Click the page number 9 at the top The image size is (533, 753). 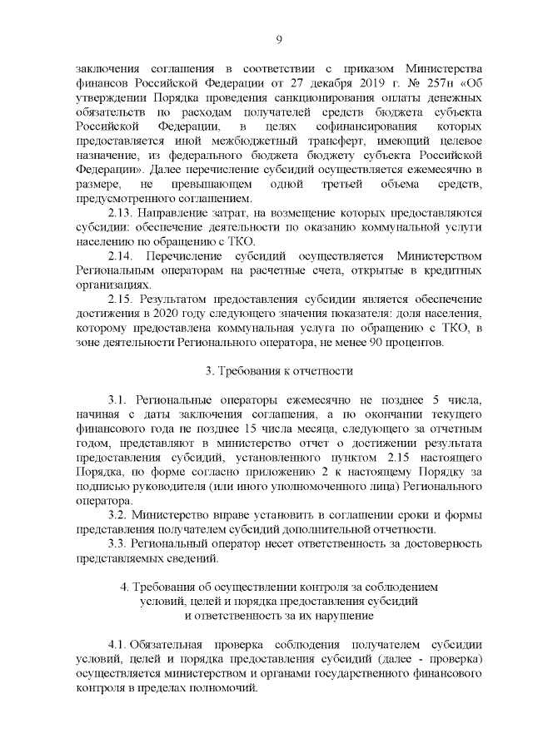[x=278, y=38]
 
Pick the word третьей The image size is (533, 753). [x=331, y=184]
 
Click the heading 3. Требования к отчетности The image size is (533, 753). [x=279, y=371]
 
